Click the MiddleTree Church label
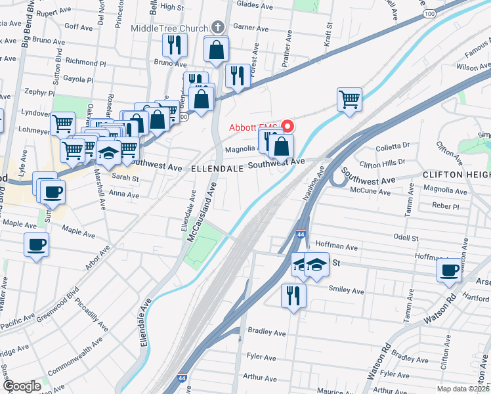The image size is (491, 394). coord(169,28)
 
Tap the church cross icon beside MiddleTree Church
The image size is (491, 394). coord(219,28)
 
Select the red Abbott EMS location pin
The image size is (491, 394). coord(287,125)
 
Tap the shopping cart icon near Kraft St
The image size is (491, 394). coord(350,100)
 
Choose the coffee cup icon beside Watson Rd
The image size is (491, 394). coord(450,270)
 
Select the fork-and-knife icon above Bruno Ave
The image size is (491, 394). coord(175,45)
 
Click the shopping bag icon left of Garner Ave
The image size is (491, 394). coord(216,50)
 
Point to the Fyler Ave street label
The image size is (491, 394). coord(261,358)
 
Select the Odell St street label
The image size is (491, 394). coord(406,237)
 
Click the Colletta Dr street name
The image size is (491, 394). coord(394,145)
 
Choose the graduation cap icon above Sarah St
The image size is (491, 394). coord(108,153)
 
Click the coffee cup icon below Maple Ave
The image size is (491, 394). coord(36,245)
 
